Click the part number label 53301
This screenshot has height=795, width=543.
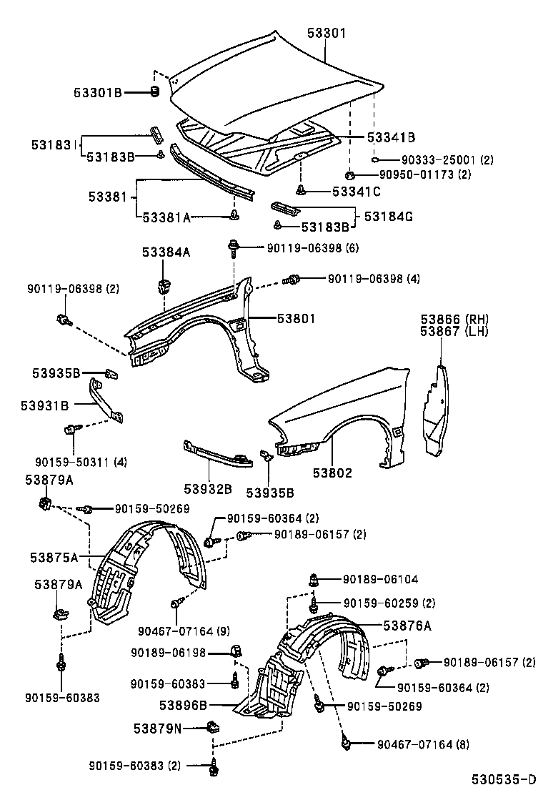[327, 33]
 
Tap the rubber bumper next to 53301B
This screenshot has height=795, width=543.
[154, 91]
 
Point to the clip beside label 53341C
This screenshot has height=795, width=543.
[302, 190]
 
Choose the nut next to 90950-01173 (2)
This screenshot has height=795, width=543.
[349, 174]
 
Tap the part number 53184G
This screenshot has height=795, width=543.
[388, 215]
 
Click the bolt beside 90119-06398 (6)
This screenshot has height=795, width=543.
[234, 248]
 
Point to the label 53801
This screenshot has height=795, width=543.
[291, 319]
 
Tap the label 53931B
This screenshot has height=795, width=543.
[45, 405]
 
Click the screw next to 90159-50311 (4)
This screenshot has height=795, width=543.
[70, 430]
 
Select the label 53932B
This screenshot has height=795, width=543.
[207, 489]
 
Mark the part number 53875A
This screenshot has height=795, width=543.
[54, 555]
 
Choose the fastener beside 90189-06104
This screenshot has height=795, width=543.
[314, 581]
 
